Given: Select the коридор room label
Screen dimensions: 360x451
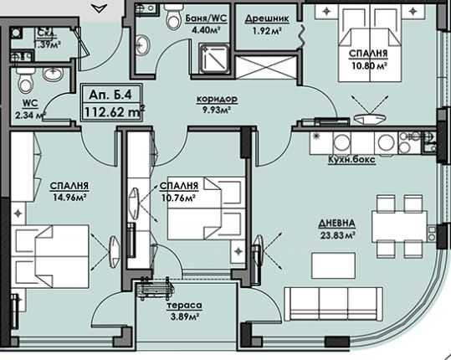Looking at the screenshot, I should click(x=218, y=98).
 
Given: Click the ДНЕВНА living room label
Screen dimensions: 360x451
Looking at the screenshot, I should click(x=337, y=223).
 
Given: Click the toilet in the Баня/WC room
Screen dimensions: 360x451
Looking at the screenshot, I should click(x=173, y=16).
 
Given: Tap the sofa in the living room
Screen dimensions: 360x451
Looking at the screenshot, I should click(x=333, y=300).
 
